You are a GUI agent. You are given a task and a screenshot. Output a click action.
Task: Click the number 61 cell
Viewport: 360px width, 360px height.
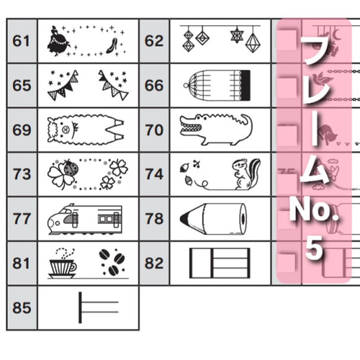click(x=21, y=41)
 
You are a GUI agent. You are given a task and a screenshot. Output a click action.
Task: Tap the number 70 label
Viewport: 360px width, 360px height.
click(x=154, y=130)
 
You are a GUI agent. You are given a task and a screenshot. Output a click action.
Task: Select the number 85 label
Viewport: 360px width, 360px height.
click(x=22, y=308)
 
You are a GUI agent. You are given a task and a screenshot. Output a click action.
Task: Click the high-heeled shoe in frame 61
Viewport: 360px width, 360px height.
click(x=112, y=45)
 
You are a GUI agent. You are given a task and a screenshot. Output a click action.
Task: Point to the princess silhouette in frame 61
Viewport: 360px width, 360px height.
click(x=58, y=41)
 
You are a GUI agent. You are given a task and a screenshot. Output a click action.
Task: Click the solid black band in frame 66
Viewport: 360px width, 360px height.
click(x=246, y=85)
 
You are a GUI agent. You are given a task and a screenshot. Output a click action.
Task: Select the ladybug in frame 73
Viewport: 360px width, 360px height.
click(x=71, y=168)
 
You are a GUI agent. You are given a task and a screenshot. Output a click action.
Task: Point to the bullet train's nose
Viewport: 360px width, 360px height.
click(x=53, y=222)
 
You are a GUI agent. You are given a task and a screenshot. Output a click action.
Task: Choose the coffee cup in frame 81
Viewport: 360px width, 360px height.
click(x=63, y=267)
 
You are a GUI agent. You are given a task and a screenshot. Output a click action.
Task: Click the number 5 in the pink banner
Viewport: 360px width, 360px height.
click(x=314, y=248)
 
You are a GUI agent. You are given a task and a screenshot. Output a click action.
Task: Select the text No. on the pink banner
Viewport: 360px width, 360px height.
click(x=314, y=210)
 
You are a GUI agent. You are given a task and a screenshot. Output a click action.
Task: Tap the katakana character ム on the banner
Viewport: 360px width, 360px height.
click(x=315, y=171)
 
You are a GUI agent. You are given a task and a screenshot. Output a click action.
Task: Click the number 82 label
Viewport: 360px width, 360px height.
click(x=154, y=264)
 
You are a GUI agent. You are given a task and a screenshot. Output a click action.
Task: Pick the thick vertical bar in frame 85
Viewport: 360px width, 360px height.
click(x=80, y=307)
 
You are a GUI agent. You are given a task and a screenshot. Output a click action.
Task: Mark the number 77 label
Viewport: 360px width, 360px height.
click(x=22, y=219)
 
